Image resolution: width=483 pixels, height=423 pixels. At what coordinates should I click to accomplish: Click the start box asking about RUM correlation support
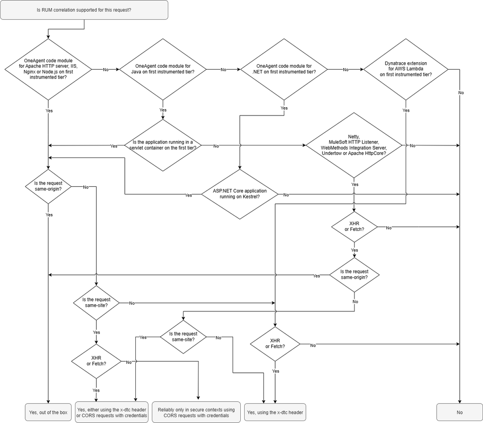click(85, 10)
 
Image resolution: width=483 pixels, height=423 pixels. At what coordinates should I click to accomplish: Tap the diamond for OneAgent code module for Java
click(162, 69)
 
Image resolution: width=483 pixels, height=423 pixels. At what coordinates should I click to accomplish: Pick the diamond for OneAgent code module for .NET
click(284, 69)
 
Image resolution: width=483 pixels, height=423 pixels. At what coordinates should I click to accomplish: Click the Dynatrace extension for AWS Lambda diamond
click(406, 69)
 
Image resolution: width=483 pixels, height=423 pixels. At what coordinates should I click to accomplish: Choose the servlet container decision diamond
click(163, 145)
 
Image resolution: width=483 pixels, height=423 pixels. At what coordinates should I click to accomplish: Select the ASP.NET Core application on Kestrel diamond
click(240, 195)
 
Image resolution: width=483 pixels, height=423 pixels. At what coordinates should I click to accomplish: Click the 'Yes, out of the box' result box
click(47, 412)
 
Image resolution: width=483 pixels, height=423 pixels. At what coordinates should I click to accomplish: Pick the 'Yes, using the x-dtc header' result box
click(276, 412)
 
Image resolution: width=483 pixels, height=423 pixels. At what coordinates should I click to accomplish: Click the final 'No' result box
click(459, 412)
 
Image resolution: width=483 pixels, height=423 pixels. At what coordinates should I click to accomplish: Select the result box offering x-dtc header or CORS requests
click(112, 412)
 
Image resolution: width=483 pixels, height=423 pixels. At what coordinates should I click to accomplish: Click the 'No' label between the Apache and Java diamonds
click(106, 70)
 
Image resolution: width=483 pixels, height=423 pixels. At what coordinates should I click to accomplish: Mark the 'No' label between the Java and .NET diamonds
click(223, 70)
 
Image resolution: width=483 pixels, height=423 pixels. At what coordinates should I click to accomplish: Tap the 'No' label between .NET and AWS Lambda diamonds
click(345, 70)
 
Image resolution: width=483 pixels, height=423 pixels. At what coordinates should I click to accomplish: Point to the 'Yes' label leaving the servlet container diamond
click(114, 146)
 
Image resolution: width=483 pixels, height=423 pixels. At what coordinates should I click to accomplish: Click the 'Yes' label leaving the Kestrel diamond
click(189, 195)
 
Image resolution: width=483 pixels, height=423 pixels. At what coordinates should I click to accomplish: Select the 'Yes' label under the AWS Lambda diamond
click(406, 111)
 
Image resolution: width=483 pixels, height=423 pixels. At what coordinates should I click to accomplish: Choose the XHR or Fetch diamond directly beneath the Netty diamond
click(354, 227)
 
